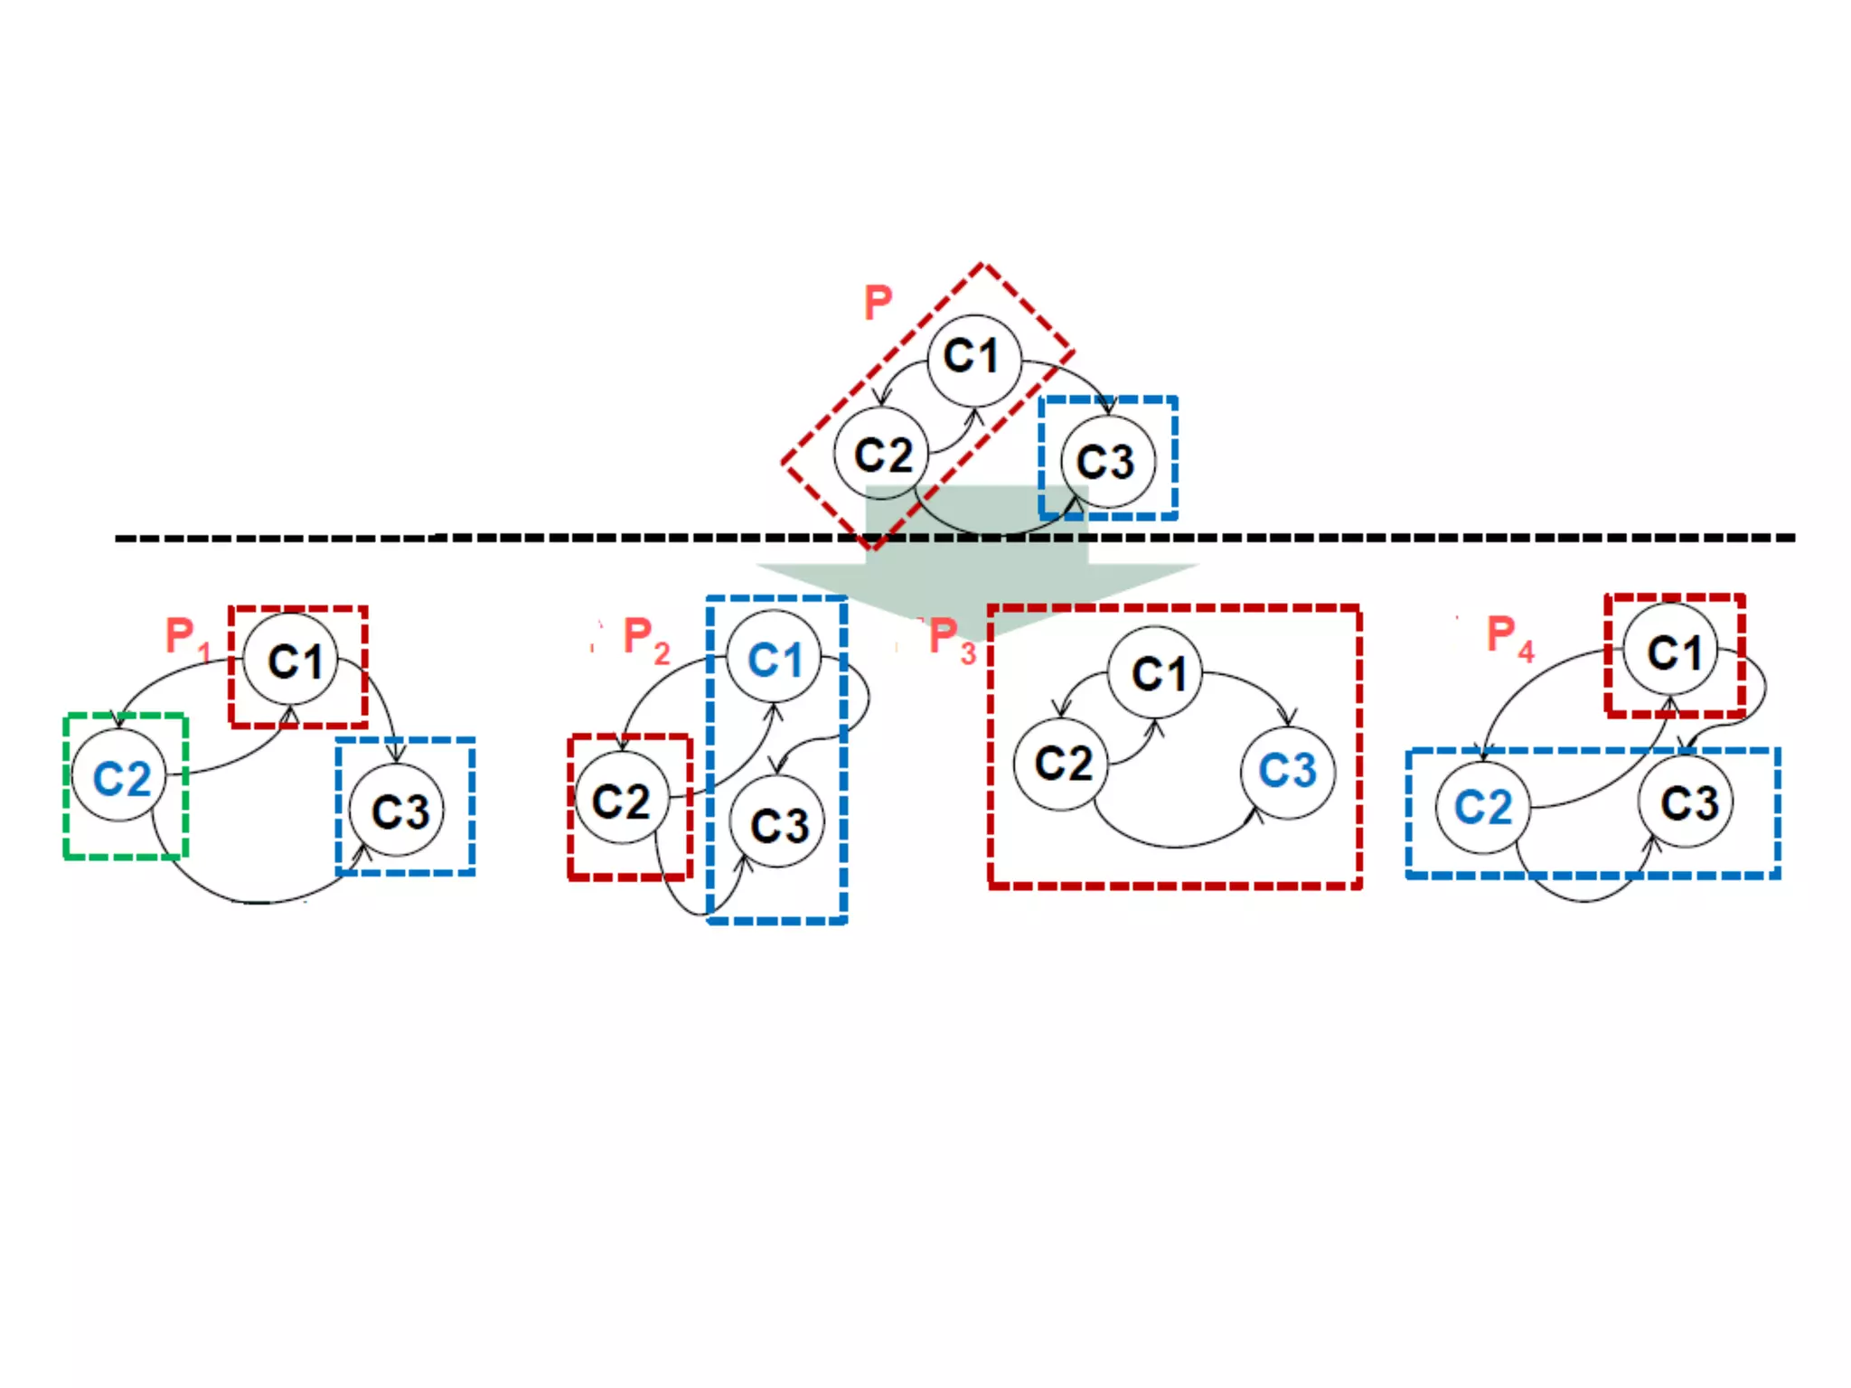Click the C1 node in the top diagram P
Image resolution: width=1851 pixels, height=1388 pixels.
point(973,359)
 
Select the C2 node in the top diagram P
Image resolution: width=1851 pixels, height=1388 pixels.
point(881,454)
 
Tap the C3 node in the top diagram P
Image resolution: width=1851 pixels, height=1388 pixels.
point(1107,462)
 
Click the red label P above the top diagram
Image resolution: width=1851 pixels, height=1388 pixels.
point(878,303)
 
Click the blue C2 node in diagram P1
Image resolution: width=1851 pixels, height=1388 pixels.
point(120,777)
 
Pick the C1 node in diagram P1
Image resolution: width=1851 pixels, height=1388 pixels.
point(292,661)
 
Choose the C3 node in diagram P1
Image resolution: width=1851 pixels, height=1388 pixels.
point(399,810)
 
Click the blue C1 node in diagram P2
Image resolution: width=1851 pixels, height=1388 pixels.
point(774,658)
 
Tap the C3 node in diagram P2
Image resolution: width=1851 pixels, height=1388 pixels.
point(778,823)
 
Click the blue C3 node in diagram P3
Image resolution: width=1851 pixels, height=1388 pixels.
point(1287,771)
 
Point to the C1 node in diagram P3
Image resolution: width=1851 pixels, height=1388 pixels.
point(1157,673)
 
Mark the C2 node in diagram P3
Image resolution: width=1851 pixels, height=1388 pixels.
point(1061,764)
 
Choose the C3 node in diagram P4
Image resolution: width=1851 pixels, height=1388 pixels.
point(1687,802)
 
